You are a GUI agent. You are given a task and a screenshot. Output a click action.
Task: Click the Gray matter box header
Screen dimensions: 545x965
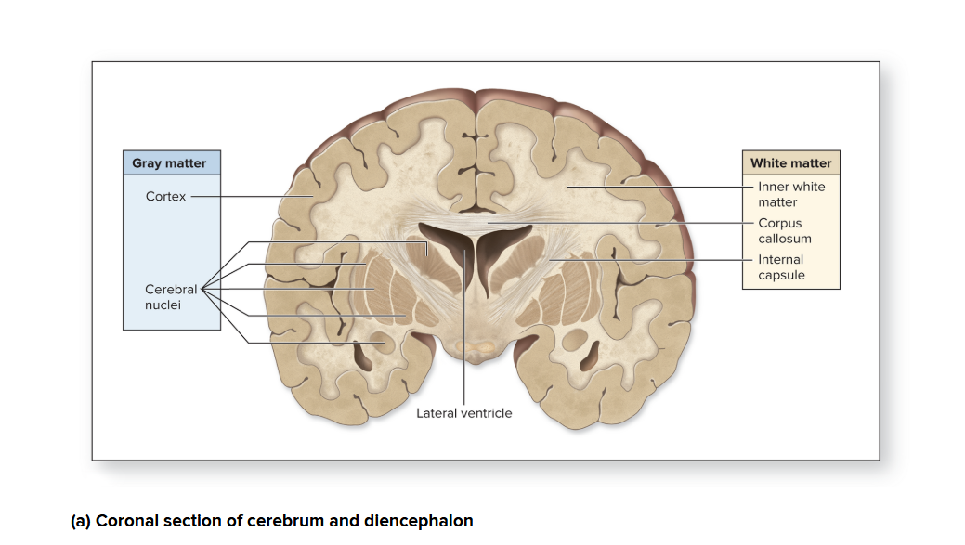171,162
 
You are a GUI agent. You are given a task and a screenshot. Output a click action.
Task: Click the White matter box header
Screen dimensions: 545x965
790,162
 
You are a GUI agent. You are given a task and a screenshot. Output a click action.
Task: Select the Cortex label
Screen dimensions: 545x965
165,196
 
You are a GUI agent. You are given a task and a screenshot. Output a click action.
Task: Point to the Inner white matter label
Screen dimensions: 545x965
790,194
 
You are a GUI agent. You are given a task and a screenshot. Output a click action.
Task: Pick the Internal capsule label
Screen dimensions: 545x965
781,267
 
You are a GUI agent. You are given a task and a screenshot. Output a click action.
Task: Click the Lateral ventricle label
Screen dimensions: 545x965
463,413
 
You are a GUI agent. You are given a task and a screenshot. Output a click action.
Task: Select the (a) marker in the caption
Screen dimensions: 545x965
81,521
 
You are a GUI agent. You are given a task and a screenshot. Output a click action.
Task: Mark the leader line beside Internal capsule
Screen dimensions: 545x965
650,260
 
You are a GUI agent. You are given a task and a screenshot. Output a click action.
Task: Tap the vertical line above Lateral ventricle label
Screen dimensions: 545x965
463,353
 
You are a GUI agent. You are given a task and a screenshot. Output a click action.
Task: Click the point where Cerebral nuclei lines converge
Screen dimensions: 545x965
202,289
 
